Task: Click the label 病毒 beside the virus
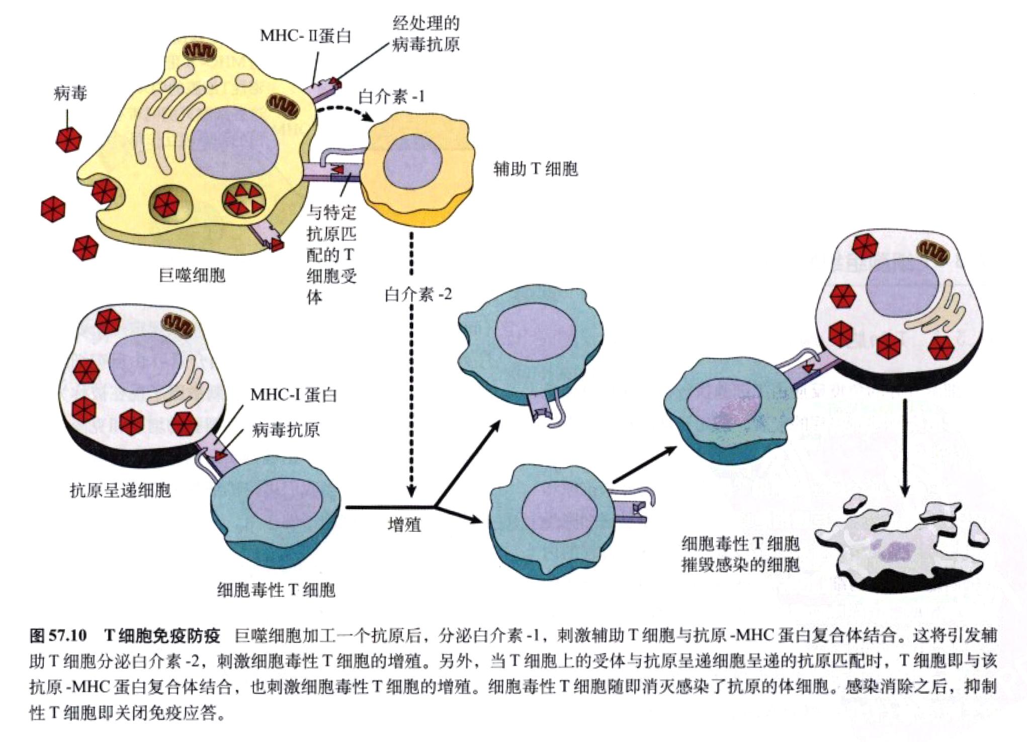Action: point(70,94)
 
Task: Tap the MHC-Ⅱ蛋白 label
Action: point(305,36)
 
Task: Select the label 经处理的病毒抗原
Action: point(425,34)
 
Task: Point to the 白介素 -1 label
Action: point(391,97)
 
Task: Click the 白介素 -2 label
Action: point(418,294)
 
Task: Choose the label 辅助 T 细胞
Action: point(535,169)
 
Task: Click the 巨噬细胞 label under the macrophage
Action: point(192,275)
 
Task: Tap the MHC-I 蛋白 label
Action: point(293,395)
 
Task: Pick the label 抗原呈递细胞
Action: point(120,490)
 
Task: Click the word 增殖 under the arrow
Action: point(404,525)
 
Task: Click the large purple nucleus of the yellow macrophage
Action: point(234,146)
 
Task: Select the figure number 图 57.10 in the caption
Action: point(58,635)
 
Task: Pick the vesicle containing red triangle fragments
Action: point(244,199)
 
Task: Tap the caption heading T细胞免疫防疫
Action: point(162,635)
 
